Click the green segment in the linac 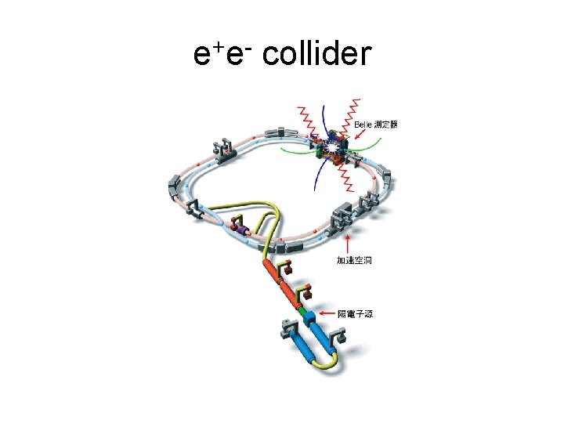click(x=302, y=312)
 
